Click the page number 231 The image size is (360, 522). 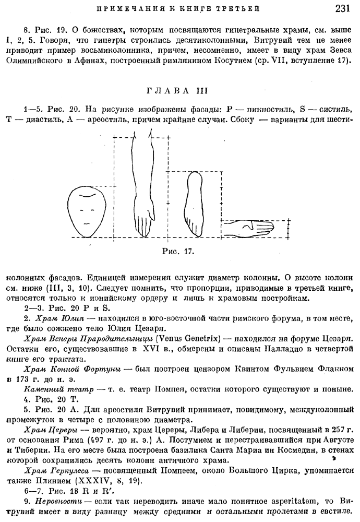pyautogui.click(x=345, y=9)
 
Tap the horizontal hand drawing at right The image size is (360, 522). pyautogui.click(x=249, y=228)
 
